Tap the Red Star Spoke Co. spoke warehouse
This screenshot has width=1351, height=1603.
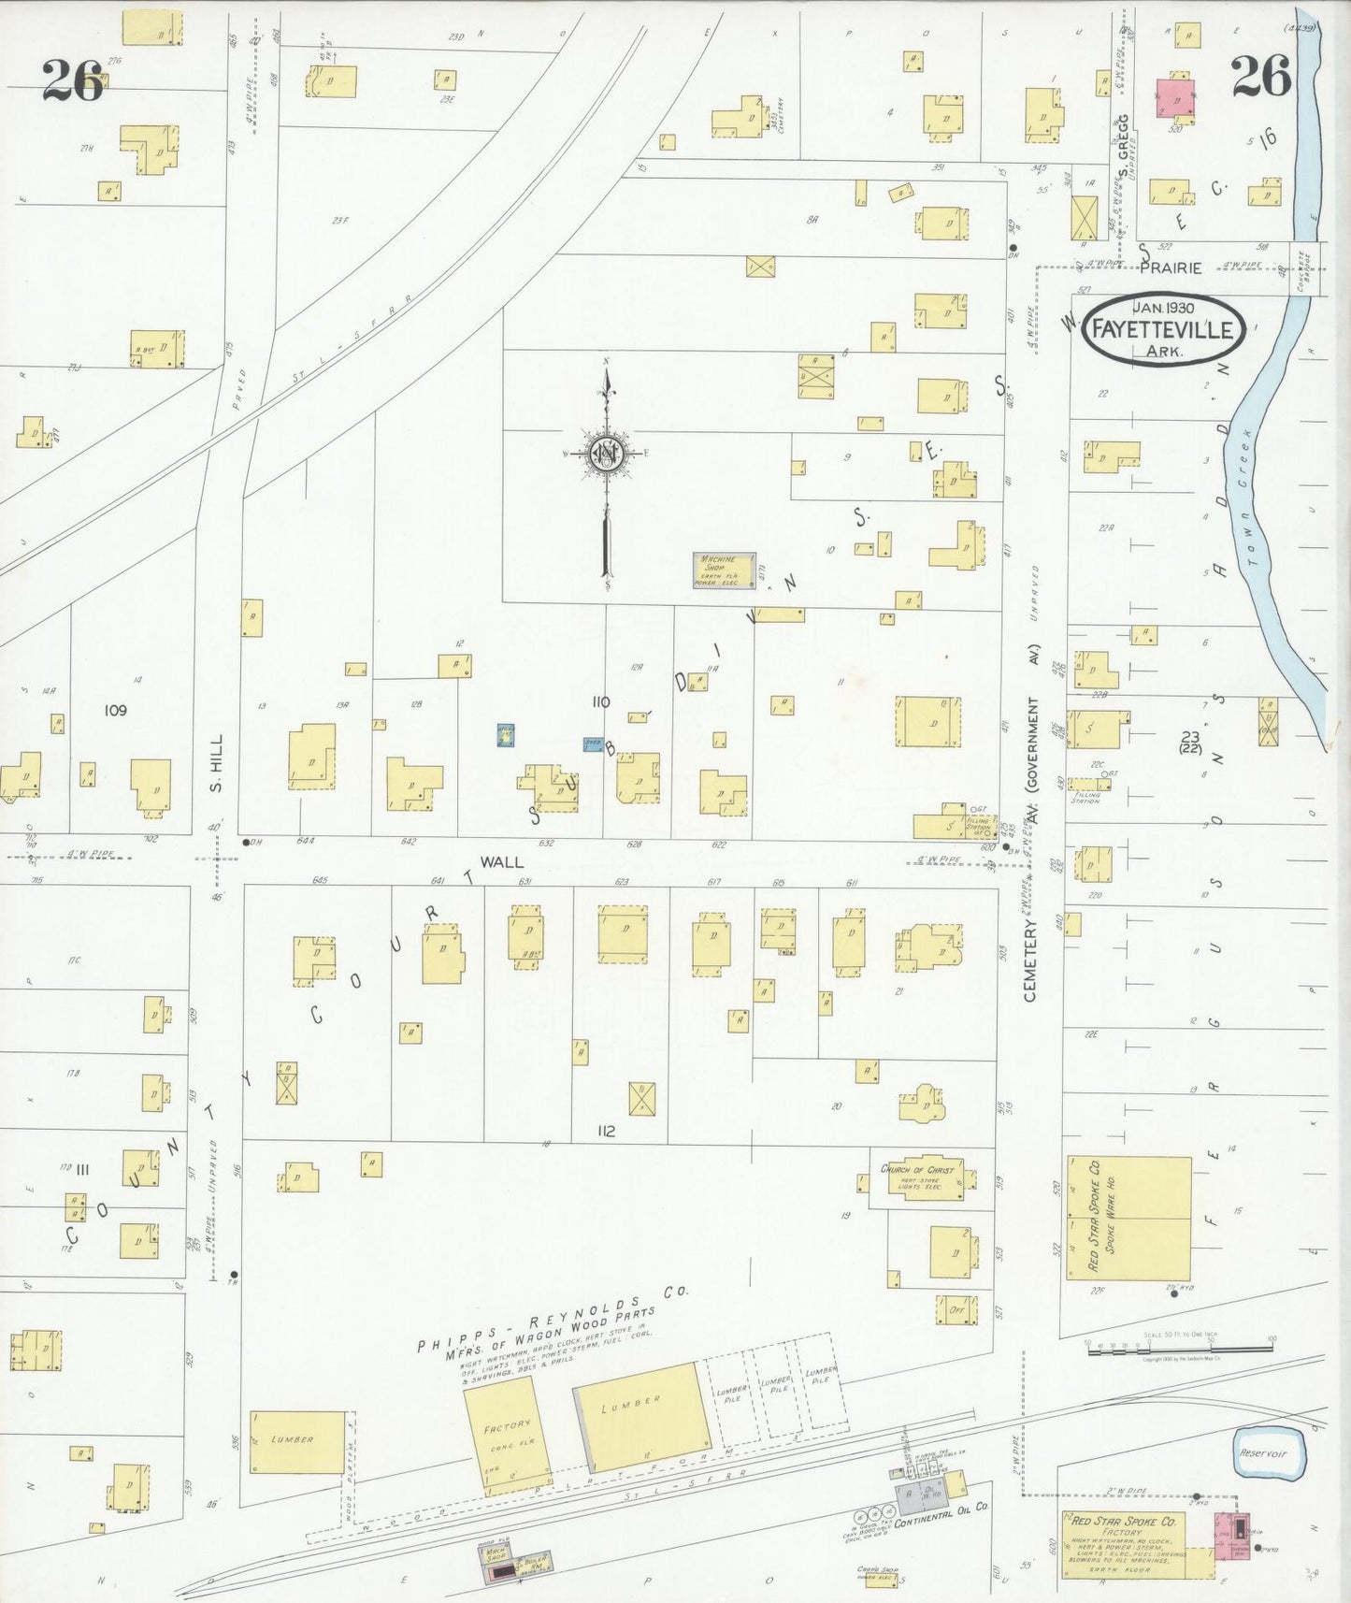pyautogui.click(x=1129, y=1219)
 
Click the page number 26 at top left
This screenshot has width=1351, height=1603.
pyautogui.click(x=72, y=80)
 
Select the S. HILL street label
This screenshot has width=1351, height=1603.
pyautogui.click(x=217, y=775)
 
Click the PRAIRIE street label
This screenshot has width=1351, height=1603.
pyautogui.click(x=1171, y=268)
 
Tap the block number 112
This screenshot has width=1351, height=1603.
pyautogui.click(x=606, y=1131)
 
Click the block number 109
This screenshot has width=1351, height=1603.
pyautogui.click(x=115, y=710)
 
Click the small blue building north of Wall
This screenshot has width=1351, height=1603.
pyautogui.click(x=505, y=735)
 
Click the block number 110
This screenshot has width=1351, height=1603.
pyautogui.click(x=600, y=701)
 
